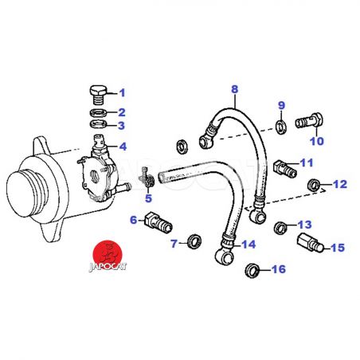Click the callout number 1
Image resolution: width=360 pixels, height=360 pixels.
pos(122,93)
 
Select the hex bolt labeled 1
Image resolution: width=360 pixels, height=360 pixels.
pos(98,96)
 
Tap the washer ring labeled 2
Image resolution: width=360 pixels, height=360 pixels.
pos(99,113)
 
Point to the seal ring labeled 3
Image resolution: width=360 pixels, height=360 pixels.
pos(99,124)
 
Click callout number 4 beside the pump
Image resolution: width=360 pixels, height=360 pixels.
pos(123,147)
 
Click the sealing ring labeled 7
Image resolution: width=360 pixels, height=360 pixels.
pos(194,241)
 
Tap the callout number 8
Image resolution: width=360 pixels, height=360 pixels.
pos(235,89)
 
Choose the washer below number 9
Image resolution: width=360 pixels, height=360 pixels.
pos(281,127)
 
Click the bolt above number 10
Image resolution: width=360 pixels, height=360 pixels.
pos(309,122)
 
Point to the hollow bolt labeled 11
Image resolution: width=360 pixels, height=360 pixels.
pos(284,168)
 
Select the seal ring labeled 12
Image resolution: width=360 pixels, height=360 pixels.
pos(313,185)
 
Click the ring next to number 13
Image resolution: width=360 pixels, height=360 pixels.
pos(280,228)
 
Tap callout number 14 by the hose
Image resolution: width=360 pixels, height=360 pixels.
pos(248,245)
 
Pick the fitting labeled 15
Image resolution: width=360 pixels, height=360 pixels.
pos(310,242)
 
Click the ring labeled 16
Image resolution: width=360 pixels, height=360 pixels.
pos(252,271)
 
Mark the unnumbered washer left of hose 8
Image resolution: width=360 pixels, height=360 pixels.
pos(182,147)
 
